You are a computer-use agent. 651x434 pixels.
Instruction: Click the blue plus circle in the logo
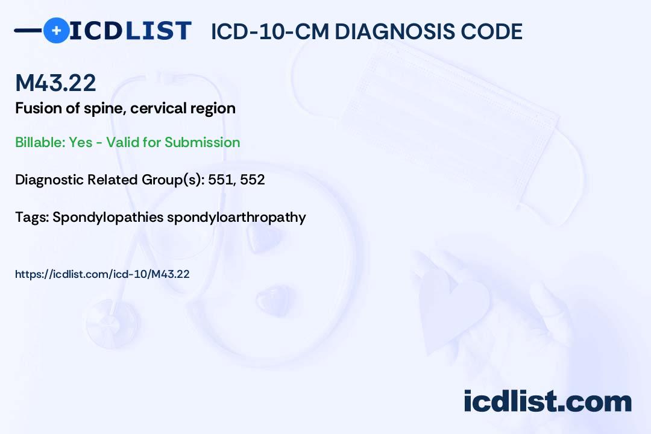(56, 30)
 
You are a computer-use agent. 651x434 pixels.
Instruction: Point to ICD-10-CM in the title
(270, 31)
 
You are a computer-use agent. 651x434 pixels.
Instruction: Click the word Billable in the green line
(40, 142)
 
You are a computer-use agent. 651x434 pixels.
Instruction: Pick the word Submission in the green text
(202, 142)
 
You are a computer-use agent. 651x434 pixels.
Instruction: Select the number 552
(253, 180)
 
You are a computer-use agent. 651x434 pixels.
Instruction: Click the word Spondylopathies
(108, 218)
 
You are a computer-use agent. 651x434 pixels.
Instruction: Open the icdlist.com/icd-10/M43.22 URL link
(102, 274)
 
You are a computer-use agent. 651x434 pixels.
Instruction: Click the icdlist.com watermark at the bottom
(547, 401)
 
